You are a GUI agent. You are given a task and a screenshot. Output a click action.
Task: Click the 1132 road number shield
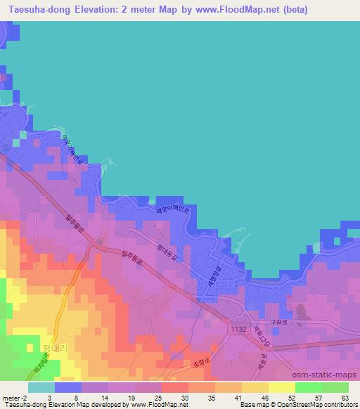pyautogui.click(x=238, y=327)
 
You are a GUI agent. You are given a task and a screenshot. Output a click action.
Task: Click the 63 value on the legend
pyautogui.click(x=345, y=398)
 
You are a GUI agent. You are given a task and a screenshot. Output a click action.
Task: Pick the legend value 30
pyautogui.click(x=185, y=398)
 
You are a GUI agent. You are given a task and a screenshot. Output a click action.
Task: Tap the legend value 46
pyautogui.click(x=265, y=398)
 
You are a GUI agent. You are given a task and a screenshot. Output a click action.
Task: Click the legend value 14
pyautogui.click(x=105, y=398)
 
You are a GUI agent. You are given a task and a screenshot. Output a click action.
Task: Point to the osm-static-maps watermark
pyautogui.click(x=325, y=373)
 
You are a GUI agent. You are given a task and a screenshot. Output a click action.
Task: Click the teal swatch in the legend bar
pyautogui.click(x=41, y=387)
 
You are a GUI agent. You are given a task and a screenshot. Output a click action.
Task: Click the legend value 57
pyautogui.click(x=319, y=398)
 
